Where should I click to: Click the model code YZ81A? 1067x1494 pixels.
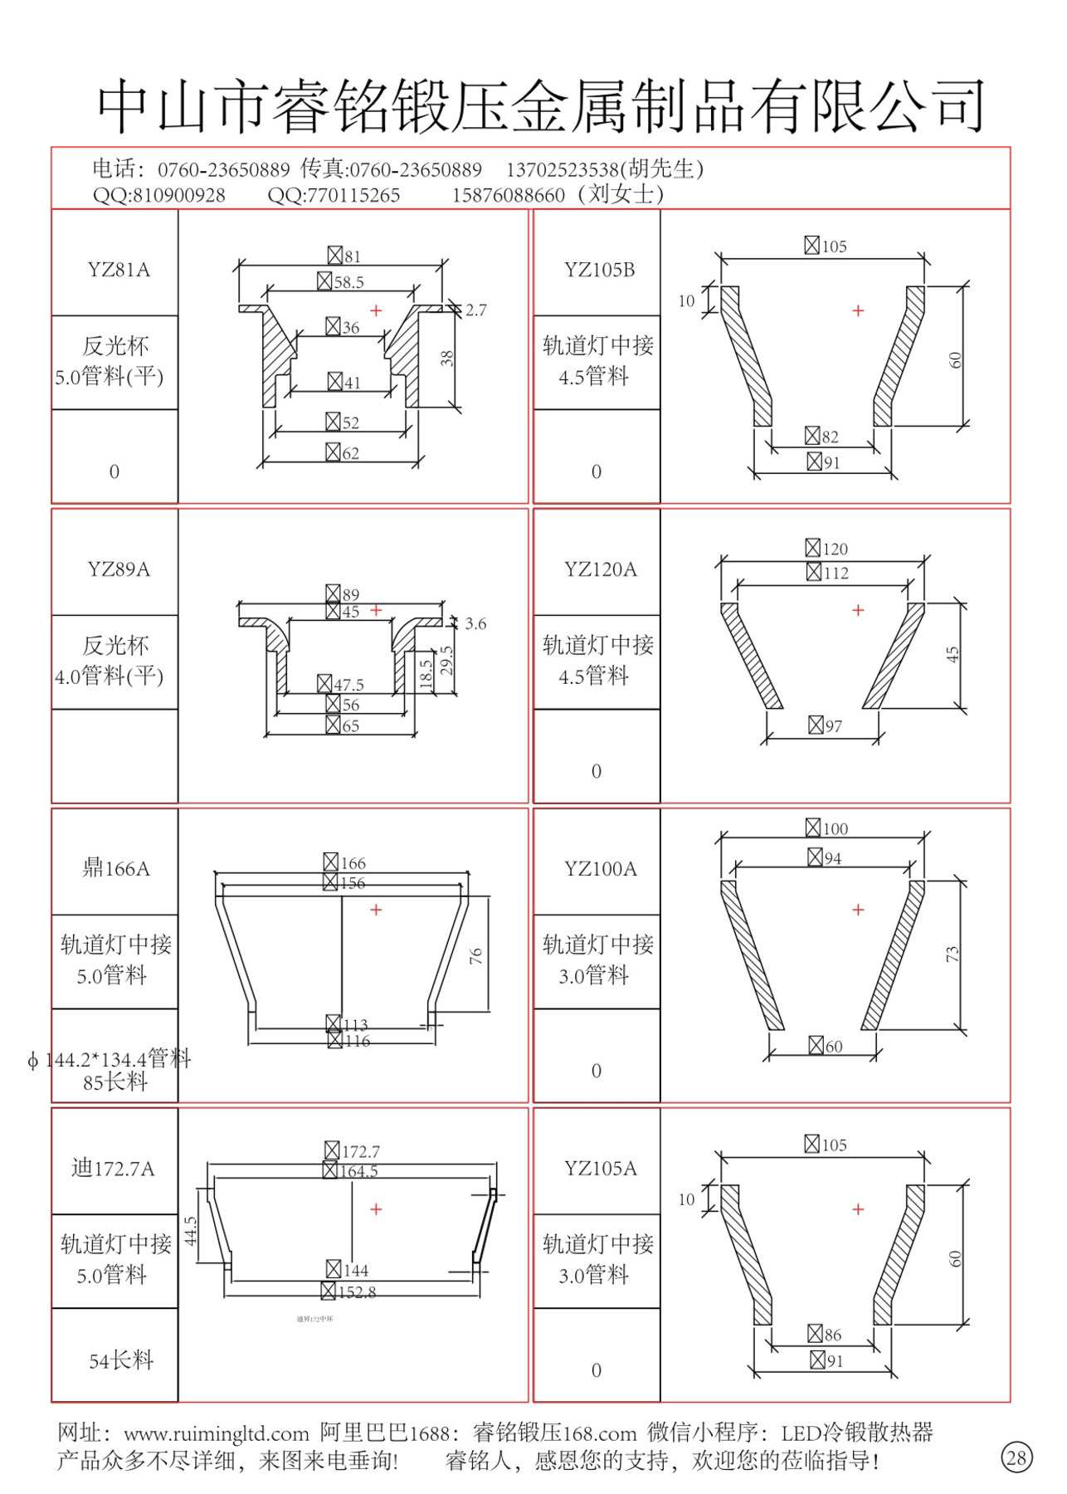pyautogui.click(x=119, y=270)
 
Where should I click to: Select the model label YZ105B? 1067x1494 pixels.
pyautogui.click(x=599, y=270)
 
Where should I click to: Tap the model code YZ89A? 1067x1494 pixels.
pyautogui.click(x=119, y=569)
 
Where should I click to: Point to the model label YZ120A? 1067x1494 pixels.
pyautogui.click(x=600, y=569)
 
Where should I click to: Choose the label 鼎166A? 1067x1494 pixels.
pyautogui.click(x=116, y=869)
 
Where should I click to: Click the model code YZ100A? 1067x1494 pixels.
pyautogui.click(x=600, y=869)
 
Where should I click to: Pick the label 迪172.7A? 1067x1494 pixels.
pyautogui.click(x=113, y=1169)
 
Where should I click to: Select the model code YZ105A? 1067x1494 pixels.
pyautogui.click(x=600, y=1169)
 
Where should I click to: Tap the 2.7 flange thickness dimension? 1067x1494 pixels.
pyautogui.click(x=475, y=310)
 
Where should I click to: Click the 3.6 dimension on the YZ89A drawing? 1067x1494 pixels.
pyautogui.click(x=475, y=624)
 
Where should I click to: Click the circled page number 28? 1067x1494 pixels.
pyautogui.click(x=1016, y=1457)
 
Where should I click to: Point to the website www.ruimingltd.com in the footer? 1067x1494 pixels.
pyautogui.click(x=217, y=1433)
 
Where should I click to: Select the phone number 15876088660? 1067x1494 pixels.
pyautogui.click(x=508, y=196)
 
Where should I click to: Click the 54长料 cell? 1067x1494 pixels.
pyautogui.click(x=121, y=1360)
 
